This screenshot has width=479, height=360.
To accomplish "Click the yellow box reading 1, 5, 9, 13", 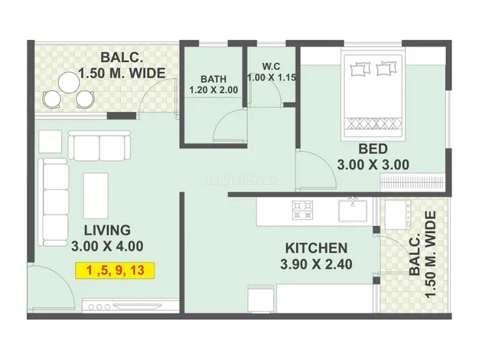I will pyautogui.click(x=115, y=270).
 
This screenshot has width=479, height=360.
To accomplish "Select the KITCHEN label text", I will pyautogui.click(x=317, y=248).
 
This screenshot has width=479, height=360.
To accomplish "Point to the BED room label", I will pyautogui.click(x=373, y=148).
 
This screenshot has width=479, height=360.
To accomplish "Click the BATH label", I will pyautogui.click(x=213, y=79).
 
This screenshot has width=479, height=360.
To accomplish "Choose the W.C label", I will pyautogui.click(x=271, y=64).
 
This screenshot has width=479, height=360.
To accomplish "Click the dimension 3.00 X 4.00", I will pyautogui.click(x=107, y=247).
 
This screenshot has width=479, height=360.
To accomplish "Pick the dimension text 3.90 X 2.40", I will pyautogui.click(x=317, y=265).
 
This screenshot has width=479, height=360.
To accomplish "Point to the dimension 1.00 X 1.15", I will pyautogui.click(x=271, y=77).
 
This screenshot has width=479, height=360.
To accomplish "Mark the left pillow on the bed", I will pyautogui.click(x=359, y=70).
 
